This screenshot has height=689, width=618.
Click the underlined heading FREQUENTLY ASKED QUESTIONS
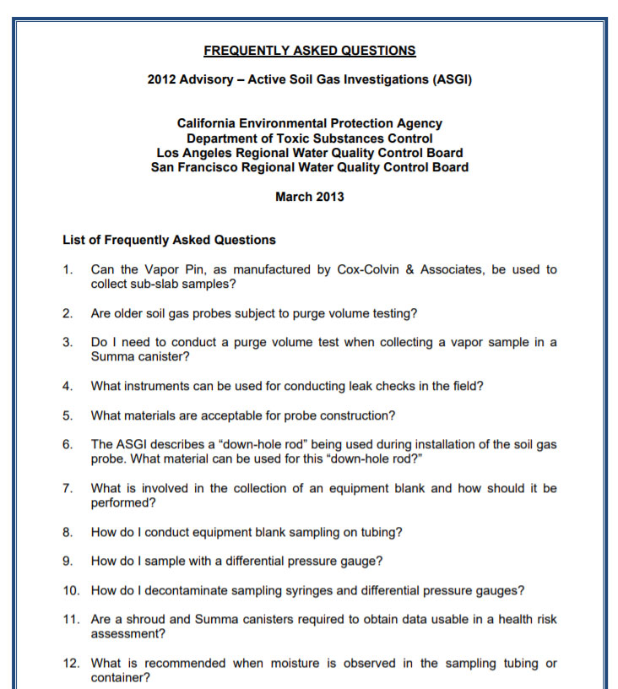[x=309, y=51]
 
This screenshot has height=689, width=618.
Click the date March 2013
[x=309, y=197]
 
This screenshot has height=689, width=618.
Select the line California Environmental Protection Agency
[x=309, y=123]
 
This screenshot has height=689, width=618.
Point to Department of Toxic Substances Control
[x=309, y=138]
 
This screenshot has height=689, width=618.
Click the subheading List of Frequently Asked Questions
[x=169, y=240]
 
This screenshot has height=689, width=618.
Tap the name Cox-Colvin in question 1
[x=377, y=270]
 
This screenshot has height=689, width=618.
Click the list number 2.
[x=67, y=313]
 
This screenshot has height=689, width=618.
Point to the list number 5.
[x=67, y=415]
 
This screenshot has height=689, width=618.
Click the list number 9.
[x=67, y=561]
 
